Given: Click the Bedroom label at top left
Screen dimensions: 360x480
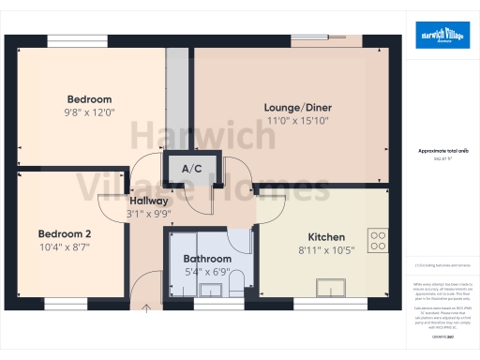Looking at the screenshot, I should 89,99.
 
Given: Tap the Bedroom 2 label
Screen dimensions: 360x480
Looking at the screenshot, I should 65,233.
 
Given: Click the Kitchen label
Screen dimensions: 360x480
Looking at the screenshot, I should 327,237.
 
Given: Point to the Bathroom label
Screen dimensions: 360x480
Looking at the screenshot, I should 207,258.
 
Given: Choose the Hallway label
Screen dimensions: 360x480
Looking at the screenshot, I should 148,201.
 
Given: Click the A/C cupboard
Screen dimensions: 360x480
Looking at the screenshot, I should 192,169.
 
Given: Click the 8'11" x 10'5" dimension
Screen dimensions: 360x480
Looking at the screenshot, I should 327,250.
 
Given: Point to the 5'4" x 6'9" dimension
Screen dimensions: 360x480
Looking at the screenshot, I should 207,272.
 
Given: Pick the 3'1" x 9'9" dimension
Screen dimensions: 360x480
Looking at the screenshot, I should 148,214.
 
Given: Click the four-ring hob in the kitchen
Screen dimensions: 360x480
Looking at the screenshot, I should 379,240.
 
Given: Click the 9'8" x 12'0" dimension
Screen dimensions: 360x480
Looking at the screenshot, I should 89,112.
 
